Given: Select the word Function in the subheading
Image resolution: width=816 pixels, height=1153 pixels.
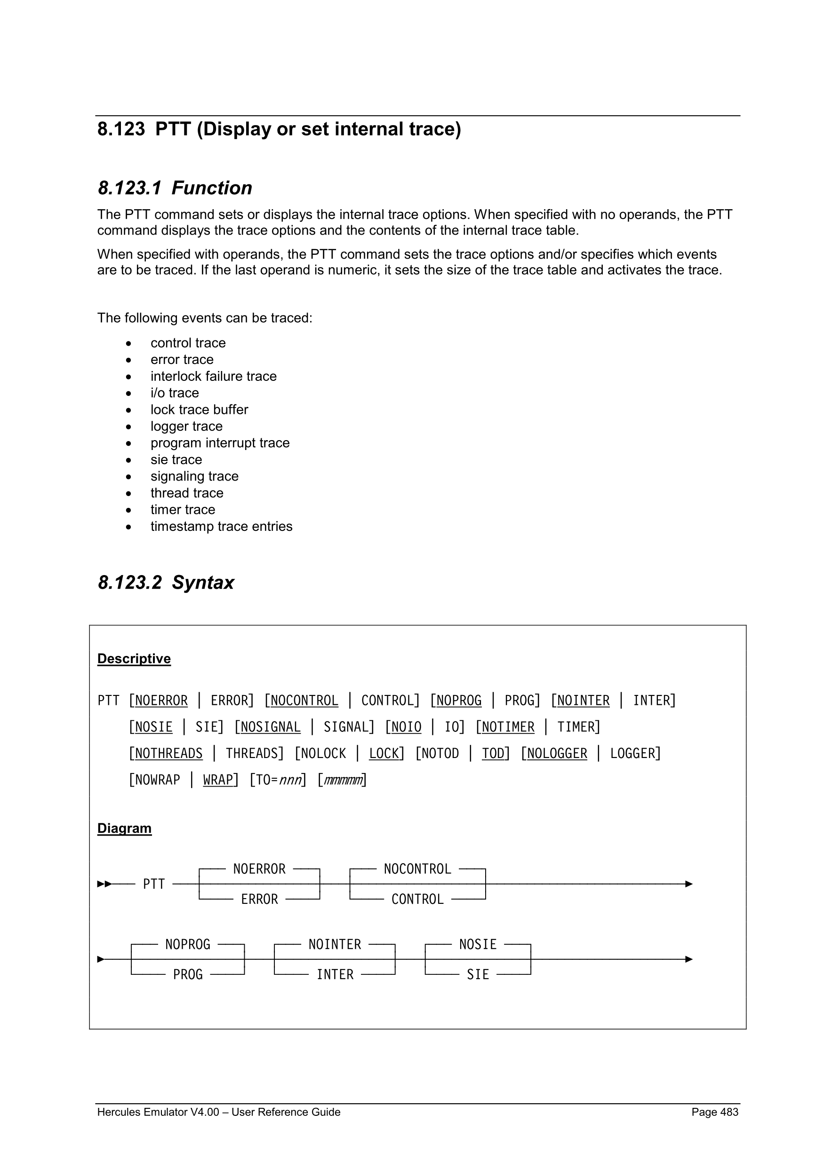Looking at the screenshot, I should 212,188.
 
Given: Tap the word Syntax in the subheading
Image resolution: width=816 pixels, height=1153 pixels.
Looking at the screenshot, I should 203,583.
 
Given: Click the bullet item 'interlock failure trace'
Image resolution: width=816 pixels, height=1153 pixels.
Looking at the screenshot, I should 214,376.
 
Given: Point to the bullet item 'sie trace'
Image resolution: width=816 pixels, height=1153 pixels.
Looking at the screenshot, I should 176,459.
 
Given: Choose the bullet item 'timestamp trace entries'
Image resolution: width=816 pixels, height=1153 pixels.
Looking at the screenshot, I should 221,526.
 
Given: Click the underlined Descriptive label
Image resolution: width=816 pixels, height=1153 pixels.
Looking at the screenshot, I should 134,658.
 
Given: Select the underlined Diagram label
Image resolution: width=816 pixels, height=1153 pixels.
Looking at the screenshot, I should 124,828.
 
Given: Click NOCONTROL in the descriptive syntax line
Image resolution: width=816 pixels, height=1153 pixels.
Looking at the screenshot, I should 304,701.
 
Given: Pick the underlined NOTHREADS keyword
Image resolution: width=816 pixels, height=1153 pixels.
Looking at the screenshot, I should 168,754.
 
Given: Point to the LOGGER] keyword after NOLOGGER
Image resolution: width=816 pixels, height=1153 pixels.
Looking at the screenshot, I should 635,754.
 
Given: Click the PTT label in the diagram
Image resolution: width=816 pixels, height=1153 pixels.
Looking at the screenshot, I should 154,884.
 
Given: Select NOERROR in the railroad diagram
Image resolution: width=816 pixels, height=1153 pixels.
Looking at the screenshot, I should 259,869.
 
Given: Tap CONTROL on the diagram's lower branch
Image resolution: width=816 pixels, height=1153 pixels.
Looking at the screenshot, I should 417,900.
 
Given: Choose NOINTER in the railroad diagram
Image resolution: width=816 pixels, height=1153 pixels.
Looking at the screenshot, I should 335,945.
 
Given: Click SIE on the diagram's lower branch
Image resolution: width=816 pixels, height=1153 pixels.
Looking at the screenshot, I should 478,975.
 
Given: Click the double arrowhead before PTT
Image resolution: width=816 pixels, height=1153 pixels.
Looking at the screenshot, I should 104,884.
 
